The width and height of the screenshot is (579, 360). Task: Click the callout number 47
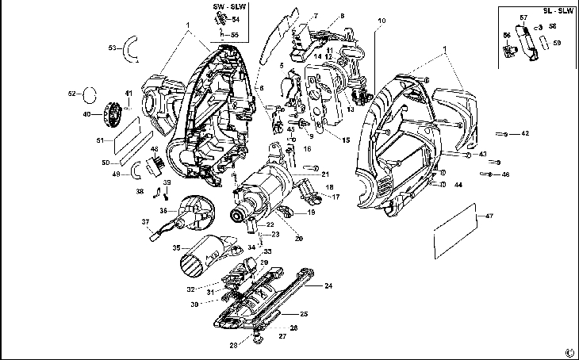click(489, 216)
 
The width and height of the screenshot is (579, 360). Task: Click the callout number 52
click(71, 94)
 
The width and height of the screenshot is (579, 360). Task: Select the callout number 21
click(325, 174)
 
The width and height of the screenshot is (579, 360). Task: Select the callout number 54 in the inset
click(236, 19)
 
